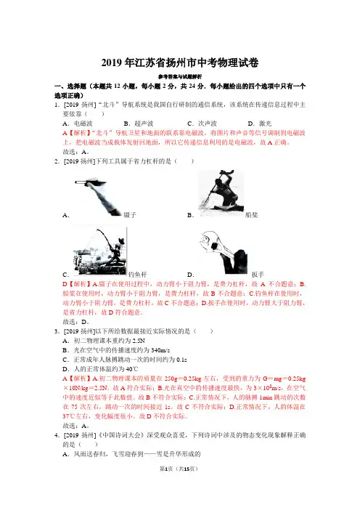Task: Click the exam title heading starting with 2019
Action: [180, 62]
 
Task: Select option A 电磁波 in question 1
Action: [78, 124]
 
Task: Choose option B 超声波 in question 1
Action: [139, 124]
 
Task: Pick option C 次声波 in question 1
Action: [202, 124]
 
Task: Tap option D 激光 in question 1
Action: [260, 124]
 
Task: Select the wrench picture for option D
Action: [224, 253]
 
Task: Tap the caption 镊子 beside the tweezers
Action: [130, 215]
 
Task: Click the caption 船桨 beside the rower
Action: [251, 215]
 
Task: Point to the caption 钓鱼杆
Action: [138, 275]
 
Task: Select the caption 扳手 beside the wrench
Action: [258, 275]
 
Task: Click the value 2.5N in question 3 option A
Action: [139, 341]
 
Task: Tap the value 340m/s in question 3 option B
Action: [160, 350]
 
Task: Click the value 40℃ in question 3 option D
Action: [131, 369]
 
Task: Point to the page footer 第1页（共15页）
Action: [179, 469]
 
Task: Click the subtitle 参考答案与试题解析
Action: [180, 77]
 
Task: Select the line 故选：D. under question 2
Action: [75, 322]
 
